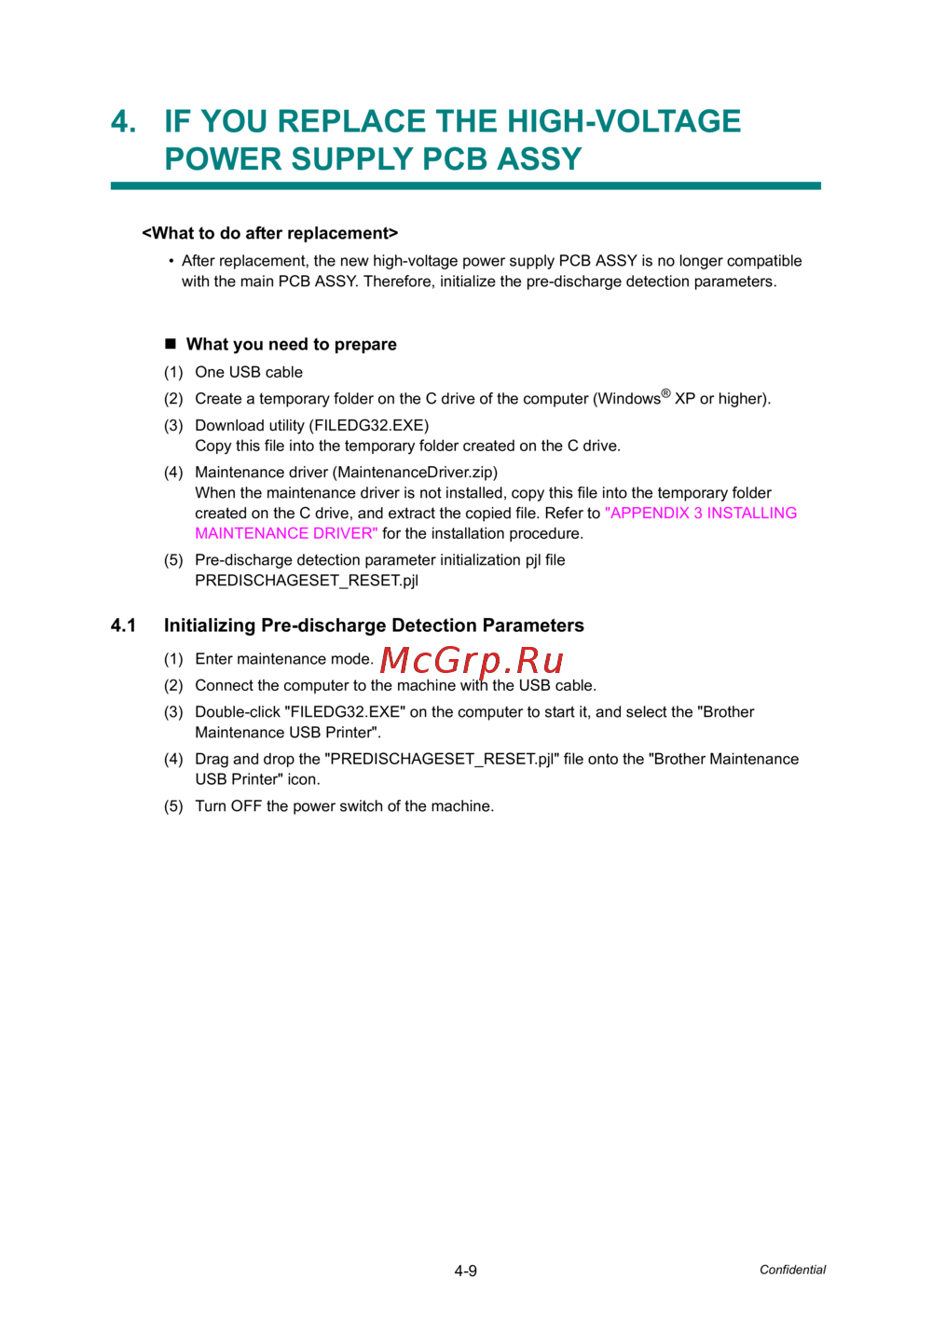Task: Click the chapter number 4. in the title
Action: click(123, 121)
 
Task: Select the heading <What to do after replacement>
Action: click(269, 233)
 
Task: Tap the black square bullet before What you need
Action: click(171, 344)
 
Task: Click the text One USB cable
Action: click(249, 372)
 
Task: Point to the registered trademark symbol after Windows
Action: click(665, 393)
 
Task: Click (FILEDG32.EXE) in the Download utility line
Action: click(369, 425)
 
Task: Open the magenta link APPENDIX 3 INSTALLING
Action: click(701, 513)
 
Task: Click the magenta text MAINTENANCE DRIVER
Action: click(286, 533)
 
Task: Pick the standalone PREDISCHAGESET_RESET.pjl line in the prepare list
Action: click(307, 580)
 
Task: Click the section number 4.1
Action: click(123, 625)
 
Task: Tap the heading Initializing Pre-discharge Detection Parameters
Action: click(374, 625)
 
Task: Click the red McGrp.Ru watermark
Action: click(472, 661)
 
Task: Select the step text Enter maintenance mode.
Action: click(283, 659)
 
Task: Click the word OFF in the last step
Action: click(246, 806)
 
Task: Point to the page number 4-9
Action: click(466, 1271)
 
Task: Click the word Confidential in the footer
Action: click(792, 1270)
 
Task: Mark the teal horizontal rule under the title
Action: click(465, 186)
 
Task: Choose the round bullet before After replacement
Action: click(171, 261)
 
